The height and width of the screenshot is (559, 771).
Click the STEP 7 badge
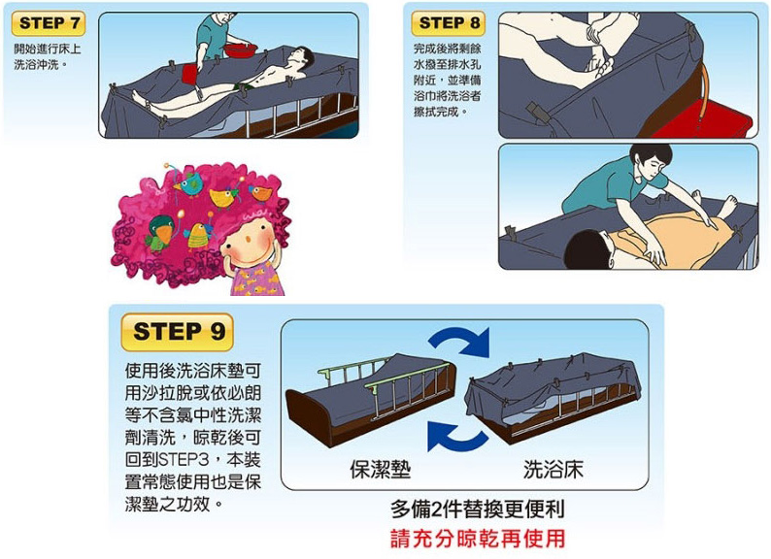click(49, 23)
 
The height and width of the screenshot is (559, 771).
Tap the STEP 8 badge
click(449, 23)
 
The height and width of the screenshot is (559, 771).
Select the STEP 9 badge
click(177, 332)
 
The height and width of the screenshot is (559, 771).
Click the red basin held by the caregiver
click(241, 49)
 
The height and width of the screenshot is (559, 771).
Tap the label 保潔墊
click(380, 470)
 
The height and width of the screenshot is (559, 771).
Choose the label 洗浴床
click(553, 470)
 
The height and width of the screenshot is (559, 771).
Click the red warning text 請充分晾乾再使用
click(478, 539)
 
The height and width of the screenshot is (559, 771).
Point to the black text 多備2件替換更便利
click(478, 510)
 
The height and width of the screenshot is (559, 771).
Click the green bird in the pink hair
click(160, 231)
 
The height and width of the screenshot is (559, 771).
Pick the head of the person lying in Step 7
click(302, 56)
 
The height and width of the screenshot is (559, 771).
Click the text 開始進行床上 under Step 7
click(48, 49)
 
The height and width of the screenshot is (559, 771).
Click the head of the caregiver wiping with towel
click(650, 161)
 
